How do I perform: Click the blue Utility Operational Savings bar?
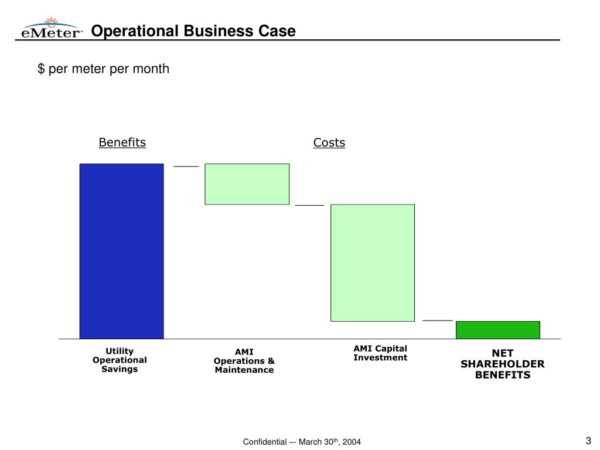pos(121,251)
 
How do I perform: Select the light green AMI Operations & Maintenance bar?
pos(247,184)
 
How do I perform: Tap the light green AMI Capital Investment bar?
pos(373,262)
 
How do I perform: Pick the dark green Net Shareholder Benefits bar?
pos(497,330)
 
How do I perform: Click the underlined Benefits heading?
pos(122,142)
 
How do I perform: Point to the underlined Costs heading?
pos(329,142)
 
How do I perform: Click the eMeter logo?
pos(52,29)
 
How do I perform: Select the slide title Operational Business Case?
pos(193,31)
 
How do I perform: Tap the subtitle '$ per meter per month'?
pos(104,69)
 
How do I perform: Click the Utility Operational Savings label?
pos(120,360)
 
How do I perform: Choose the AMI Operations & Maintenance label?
pos(244,361)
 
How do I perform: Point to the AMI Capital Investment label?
pos(380,353)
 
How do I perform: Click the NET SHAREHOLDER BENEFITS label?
pos(502,364)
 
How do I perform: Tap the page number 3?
pos(588,441)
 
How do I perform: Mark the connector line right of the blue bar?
pos(186,166)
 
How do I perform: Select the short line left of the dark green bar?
pos(438,321)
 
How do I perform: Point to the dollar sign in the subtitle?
pos(41,69)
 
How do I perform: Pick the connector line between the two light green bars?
pos(309,206)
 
